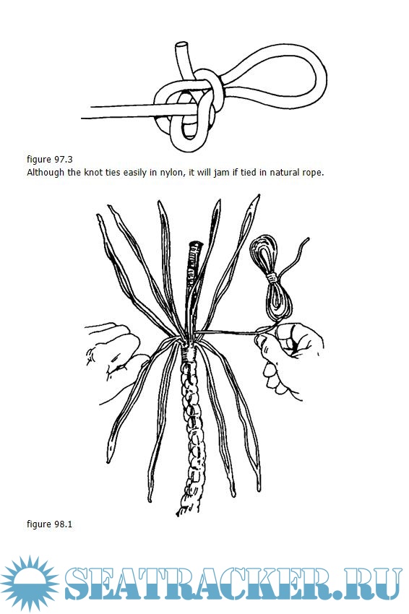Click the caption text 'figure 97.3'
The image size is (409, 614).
(x=50, y=160)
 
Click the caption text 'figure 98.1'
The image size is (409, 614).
(x=50, y=524)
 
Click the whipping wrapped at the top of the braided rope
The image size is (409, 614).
(x=189, y=353)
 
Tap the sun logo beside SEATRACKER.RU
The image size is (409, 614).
(x=30, y=584)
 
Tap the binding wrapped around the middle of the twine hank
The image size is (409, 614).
(x=272, y=277)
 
